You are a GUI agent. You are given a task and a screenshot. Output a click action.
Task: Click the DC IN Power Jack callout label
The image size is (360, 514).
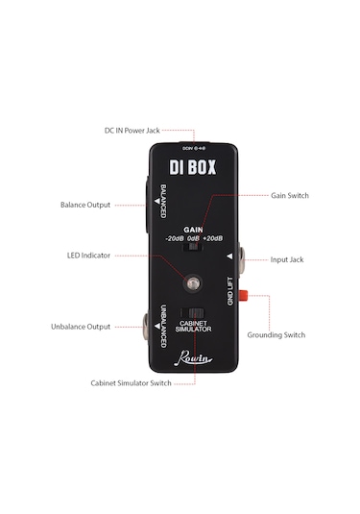(132, 130)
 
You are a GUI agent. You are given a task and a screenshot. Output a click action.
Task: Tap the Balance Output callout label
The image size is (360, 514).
(84, 205)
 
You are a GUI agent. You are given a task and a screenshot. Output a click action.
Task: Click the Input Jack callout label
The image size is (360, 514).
(289, 259)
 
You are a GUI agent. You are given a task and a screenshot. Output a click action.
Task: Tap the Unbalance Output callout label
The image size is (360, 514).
(82, 327)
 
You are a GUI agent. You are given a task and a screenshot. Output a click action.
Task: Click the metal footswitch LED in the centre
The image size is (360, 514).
(195, 284)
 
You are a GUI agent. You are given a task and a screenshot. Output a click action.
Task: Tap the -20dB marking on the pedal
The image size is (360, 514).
(175, 238)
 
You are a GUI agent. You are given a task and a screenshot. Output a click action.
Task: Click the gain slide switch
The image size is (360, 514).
(195, 248)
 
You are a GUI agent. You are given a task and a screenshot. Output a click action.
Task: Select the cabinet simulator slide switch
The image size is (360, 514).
(195, 313)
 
